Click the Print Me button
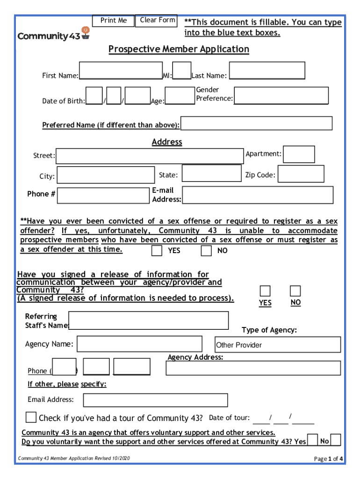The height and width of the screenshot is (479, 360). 113,21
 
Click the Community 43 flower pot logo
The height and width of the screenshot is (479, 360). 85,32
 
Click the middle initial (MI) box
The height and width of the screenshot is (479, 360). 182,71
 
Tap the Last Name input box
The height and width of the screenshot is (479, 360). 267,71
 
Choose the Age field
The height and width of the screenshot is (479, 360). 180,96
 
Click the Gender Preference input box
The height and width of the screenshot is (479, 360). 281,95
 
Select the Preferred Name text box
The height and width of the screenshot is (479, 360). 256,123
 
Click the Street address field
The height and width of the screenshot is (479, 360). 150,156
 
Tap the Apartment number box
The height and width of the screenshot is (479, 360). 299,154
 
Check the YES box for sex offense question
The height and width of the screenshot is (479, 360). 157,251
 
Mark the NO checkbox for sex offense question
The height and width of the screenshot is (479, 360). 206,251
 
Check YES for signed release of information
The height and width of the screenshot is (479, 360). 265,291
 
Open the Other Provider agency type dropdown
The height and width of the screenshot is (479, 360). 278,345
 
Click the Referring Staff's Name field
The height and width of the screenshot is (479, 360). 149,320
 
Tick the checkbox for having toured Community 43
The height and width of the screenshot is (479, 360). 31,417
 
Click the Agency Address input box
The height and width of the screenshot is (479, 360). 253,368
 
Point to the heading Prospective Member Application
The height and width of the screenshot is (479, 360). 179,49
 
